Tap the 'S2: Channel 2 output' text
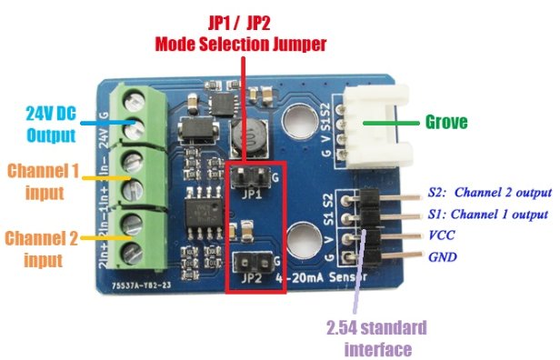click(x=488, y=193)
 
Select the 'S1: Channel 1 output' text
click(x=488, y=215)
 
